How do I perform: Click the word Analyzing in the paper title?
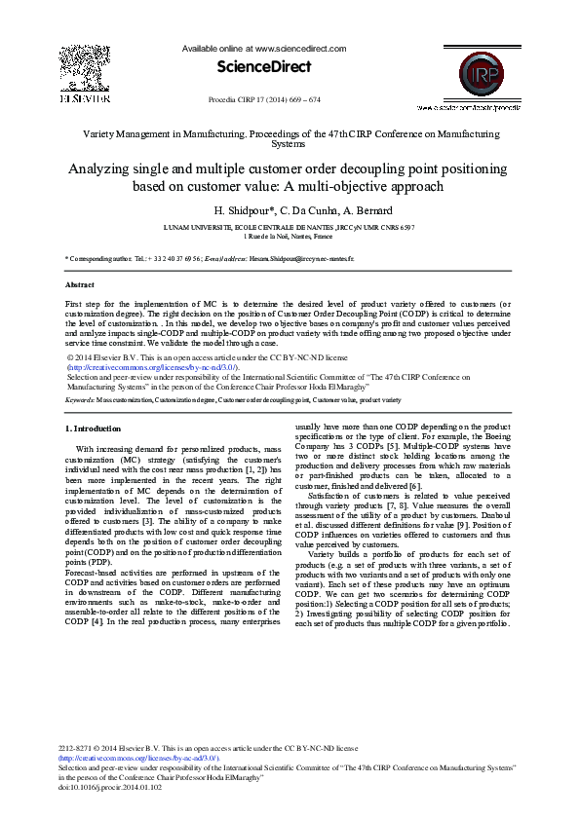pyautogui.click(x=100, y=168)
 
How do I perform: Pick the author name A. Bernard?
pyautogui.click(x=367, y=210)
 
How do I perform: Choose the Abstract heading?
pyautogui.click(x=79, y=284)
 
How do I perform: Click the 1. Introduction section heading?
pyautogui.click(x=93, y=429)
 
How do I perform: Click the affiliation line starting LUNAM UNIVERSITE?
pyautogui.click(x=289, y=226)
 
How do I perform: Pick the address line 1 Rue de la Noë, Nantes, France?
pyautogui.click(x=289, y=236)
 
